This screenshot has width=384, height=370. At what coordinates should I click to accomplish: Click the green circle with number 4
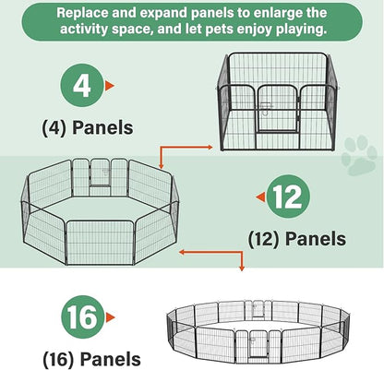click(x=82, y=85)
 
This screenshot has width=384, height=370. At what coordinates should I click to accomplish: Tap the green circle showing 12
click(x=288, y=197)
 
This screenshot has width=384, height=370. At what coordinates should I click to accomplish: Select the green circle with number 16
click(x=83, y=317)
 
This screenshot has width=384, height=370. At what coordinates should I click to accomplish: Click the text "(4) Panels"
click(x=88, y=128)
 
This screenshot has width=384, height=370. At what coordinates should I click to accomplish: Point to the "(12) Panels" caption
click(x=297, y=239)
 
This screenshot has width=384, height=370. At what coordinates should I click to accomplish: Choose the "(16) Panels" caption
click(x=91, y=359)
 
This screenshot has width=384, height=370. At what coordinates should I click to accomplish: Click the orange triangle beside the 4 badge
click(x=109, y=86)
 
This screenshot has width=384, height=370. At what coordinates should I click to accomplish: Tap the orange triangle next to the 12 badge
click(x=260, y=197)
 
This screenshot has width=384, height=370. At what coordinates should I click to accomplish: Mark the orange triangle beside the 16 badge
click(x=110, y=317)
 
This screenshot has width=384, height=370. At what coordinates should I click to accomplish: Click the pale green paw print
click(x=359, y=155)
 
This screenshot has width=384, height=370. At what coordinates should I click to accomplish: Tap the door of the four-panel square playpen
click(x=279, y=109)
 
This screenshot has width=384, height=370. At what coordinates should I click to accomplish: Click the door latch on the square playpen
click(x=267, y=109)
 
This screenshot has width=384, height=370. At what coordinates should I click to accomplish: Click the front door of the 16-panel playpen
click(x=258, y=344)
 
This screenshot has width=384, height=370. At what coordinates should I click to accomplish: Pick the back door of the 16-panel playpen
click(x=254, y=309)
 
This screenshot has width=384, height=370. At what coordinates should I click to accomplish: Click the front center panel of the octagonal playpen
click(x=100, y=243)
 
